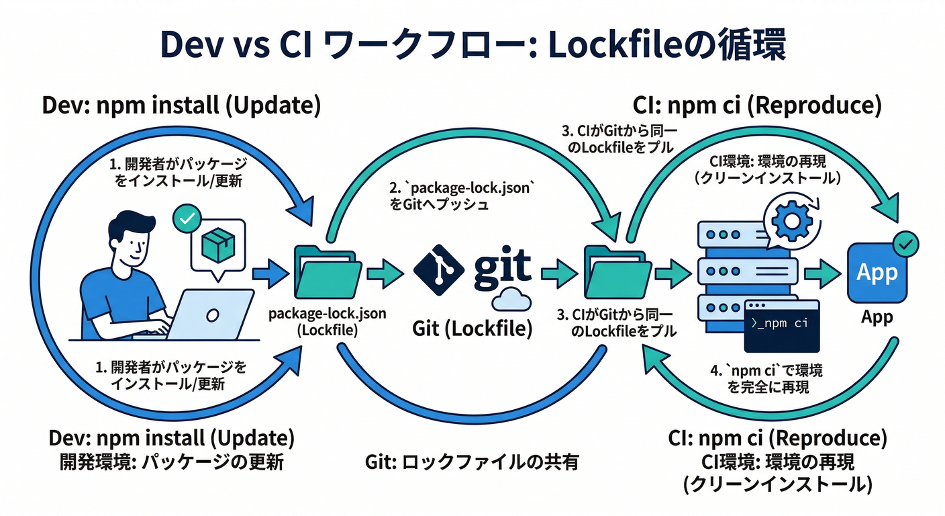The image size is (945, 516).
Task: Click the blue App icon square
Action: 877,274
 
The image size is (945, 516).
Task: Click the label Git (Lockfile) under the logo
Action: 472,329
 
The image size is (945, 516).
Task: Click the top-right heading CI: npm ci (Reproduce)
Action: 757,106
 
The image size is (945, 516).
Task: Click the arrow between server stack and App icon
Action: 823,274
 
